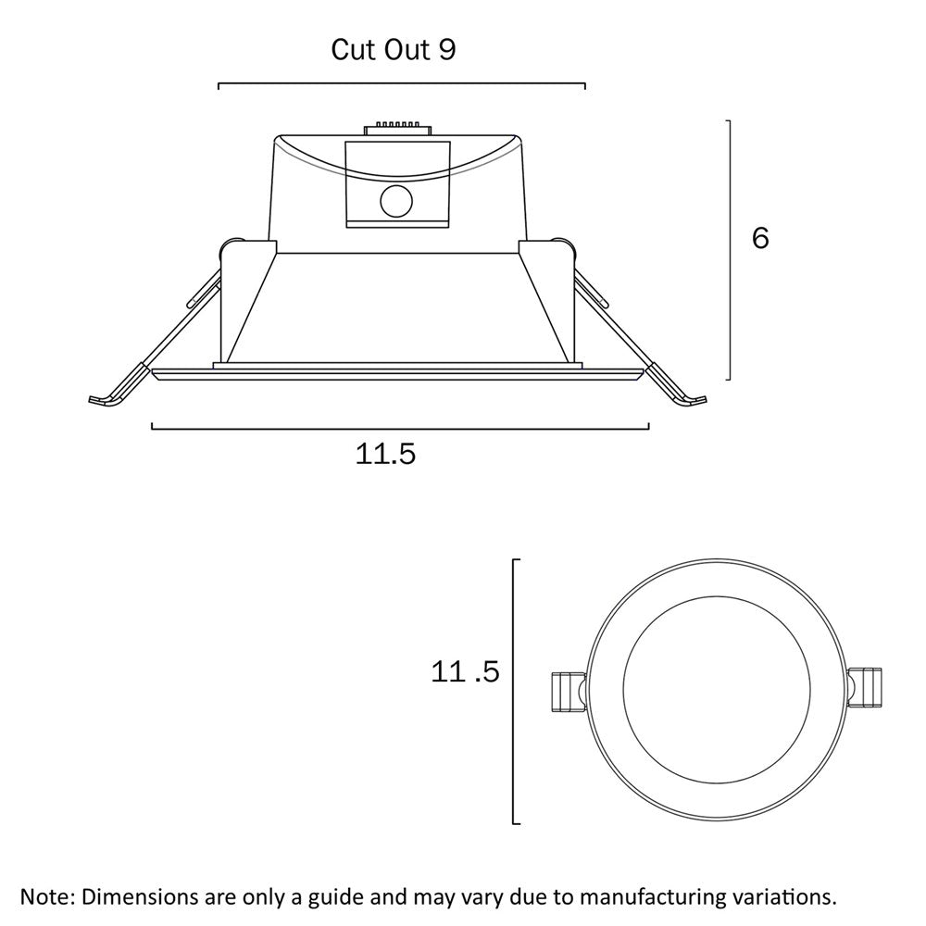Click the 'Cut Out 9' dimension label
pos(394,50)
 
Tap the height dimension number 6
pos(760,238)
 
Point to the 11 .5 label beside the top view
pos(466,672)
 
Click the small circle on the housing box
pos(397,200)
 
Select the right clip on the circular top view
pos(867,689)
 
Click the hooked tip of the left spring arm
pos(103,400)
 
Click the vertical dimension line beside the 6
pos(731,250)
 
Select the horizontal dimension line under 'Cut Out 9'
pos(402,84)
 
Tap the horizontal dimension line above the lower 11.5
pos(400,428)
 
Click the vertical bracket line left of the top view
pos(514,691)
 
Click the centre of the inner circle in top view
pos(717,690)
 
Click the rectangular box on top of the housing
pos(396,184)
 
